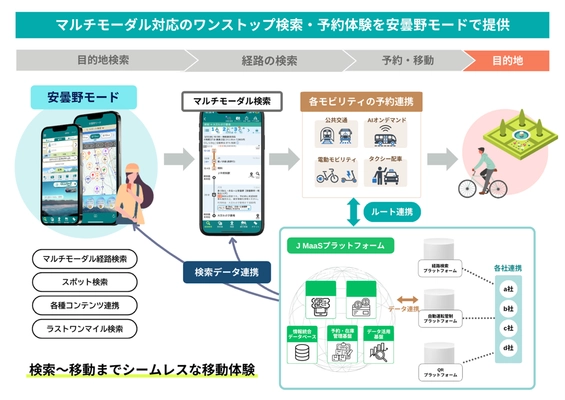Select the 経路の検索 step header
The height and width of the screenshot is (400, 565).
pos(269,60)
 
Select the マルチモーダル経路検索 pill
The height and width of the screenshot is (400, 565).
pos(85,259)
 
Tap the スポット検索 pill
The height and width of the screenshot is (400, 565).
pos(85,282)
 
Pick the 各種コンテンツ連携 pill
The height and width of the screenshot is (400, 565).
pos(85,305)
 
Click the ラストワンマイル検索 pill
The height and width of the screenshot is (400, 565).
pos(85,328)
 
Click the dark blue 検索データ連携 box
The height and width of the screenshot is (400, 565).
pos(227,270)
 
